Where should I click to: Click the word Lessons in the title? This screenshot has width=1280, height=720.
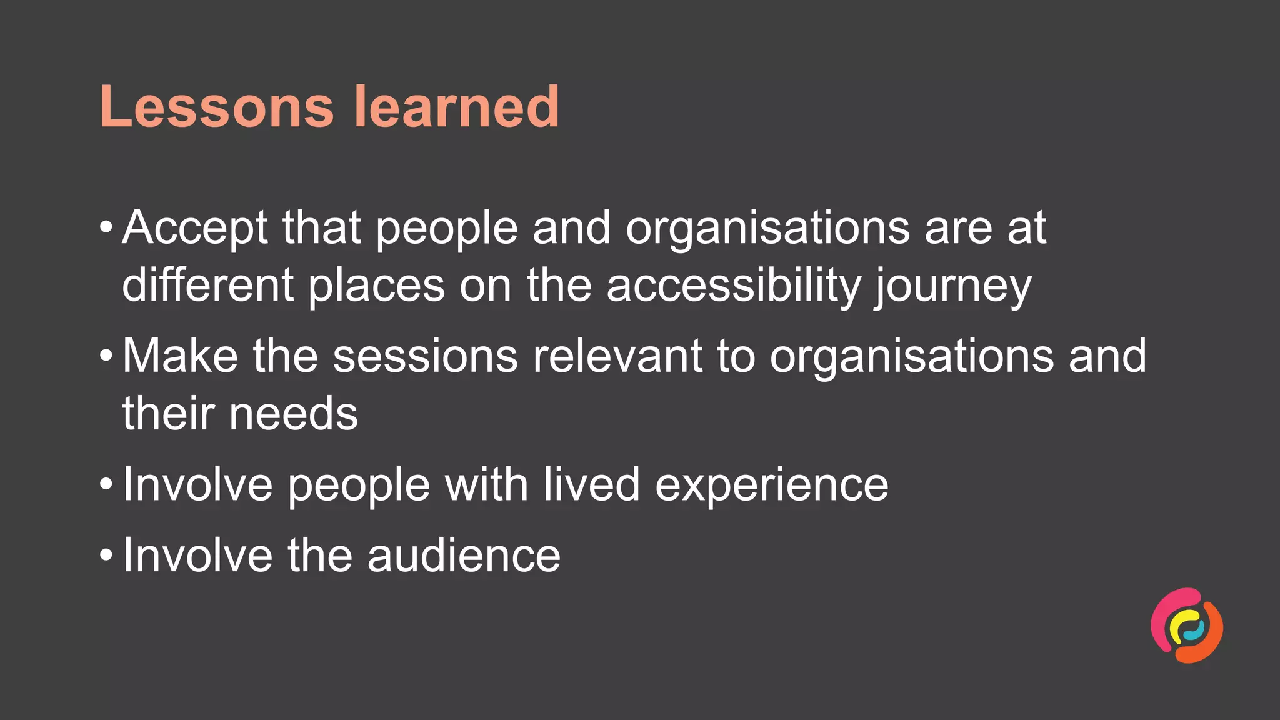pyautogui.click(x=216, y=107)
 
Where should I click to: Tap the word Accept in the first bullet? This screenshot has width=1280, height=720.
pyautogui.click(x=195, y=228)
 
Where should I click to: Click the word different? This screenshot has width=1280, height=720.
pyautogui.click(x=207, y=286)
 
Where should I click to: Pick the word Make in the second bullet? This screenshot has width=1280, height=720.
pyautogui.click(x=180, y=356)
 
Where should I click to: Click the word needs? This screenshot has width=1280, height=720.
pyautogui.click(x=294, y=414)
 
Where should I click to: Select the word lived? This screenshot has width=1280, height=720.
pyautogui.click(x=591, y=484)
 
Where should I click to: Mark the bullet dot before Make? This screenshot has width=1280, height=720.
pyautogui.click(x=106, y=355)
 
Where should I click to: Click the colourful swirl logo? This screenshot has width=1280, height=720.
pyautogui.click(x=1187, y=625)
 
